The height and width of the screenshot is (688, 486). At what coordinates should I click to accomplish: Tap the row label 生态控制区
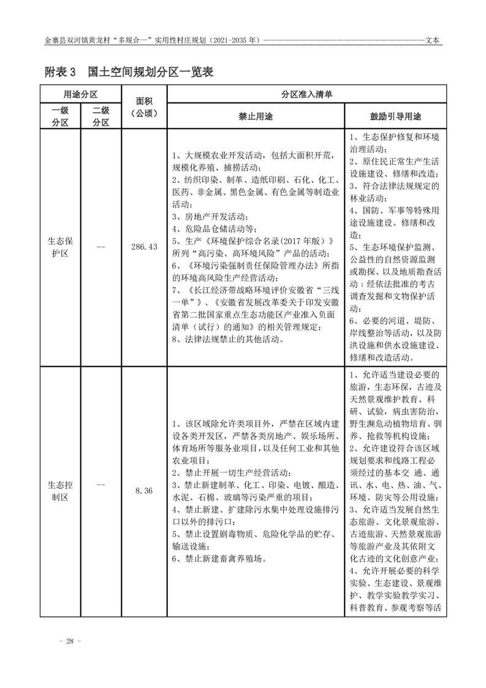(60, 491)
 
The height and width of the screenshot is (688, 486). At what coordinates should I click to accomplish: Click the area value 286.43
(144, 247)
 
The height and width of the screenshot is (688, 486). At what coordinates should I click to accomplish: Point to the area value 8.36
(144, 491)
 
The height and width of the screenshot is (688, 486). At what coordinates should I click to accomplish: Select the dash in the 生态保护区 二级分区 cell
(101, 247)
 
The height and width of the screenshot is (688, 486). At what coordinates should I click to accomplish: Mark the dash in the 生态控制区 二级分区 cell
(101, 491)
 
